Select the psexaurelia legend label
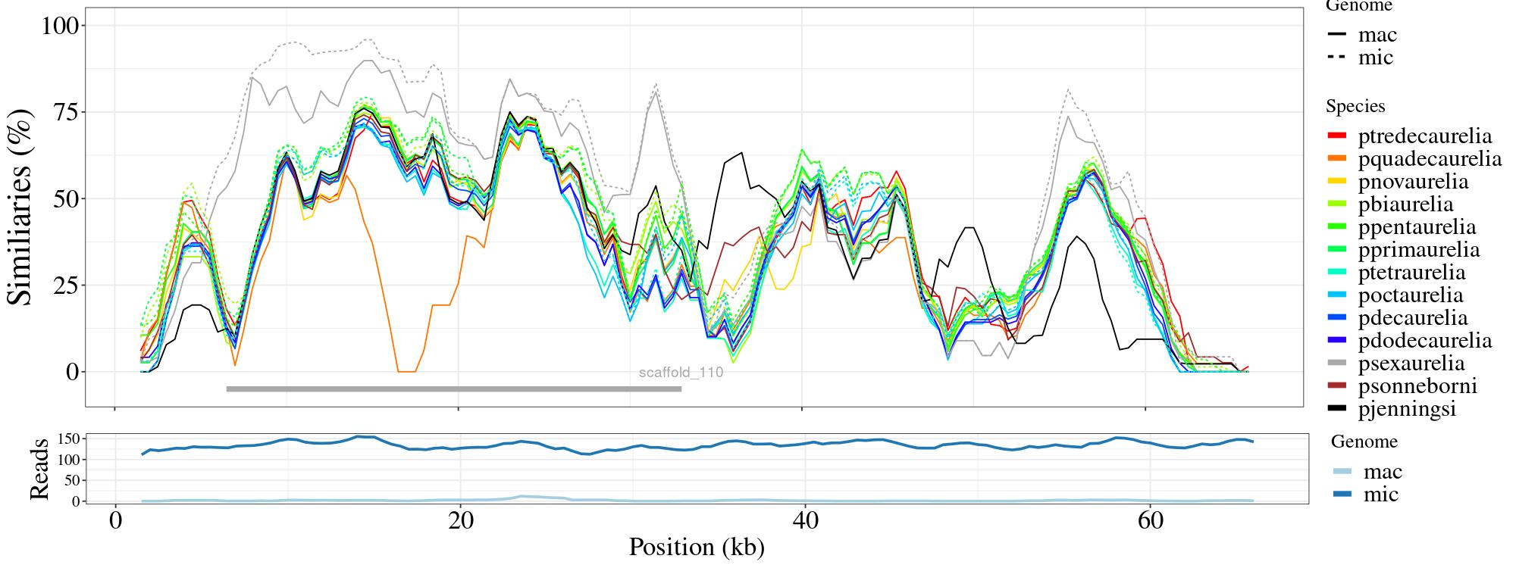click(x=1411, y=364)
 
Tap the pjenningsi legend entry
click(x=1407, y=409)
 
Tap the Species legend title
click(x=1355, y=107)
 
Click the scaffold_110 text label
click(x=681, y=373)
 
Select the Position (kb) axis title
click(x=696, y=547)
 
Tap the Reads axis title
click(x=39, y=469)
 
